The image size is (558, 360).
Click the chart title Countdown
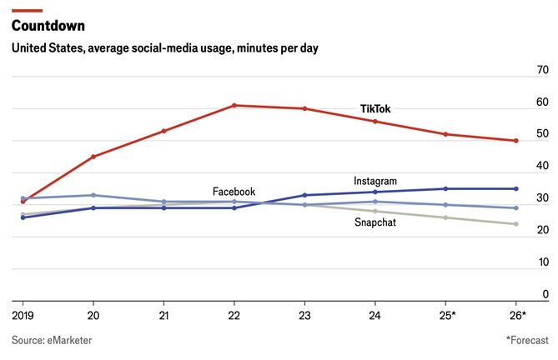coord(48,25)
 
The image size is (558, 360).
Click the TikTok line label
coord(375,109)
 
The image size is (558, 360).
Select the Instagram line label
coord(375,181)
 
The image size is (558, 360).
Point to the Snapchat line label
coord(375,222)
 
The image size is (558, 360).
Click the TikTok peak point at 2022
coord(234,105)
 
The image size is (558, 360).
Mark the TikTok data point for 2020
coord(93,157)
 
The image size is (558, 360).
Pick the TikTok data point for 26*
coord(516,141)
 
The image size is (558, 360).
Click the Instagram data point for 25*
coord(445,188)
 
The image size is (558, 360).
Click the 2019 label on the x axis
coord(23,315)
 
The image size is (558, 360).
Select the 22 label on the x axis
coord(234,315)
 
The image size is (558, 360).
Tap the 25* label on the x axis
coord(447,315)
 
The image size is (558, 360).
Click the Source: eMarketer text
coord(52,340)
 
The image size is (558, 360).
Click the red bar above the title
coord(27,10)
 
